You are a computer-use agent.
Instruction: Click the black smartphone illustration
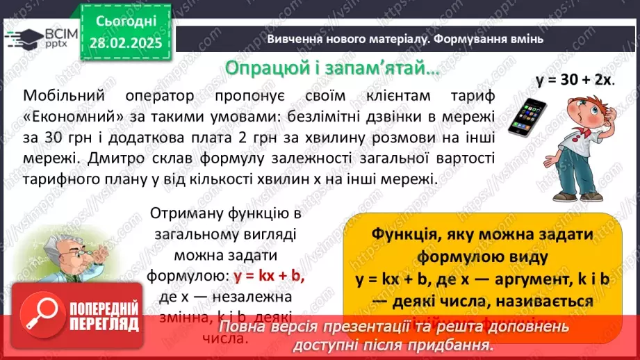[x=525, y=117]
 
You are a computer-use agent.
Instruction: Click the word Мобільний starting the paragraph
[x=62, y=96]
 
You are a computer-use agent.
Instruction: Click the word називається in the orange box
[x=543, y=302]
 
